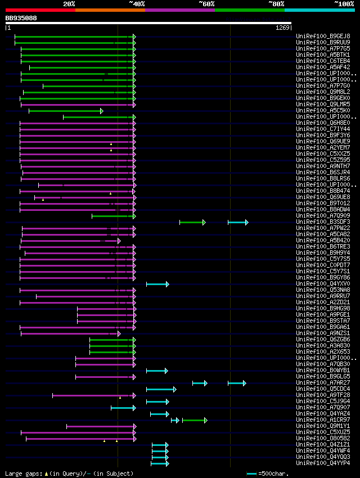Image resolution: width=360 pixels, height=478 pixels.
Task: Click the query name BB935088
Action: pyautogui.click(x=21, y=18)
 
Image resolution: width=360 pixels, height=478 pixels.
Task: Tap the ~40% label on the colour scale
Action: pyautogui.click(x=137, y=3)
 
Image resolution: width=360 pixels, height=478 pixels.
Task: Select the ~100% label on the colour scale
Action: pyautogui.click(x=344, y=3)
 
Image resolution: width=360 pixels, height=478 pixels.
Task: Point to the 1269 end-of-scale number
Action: pyautogui.click(x=282, y=28)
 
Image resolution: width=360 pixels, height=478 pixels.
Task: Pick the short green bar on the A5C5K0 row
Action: pyautogui.click(x=65, y=111)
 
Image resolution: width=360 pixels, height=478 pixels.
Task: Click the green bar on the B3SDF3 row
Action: pyautogui.click(x=192, y=222)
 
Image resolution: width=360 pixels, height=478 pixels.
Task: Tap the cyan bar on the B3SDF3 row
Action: pyautogui.click(x=237, y=222)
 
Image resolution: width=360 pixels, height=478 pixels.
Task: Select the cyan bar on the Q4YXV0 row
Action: pyautogui.click(x=157, y=284)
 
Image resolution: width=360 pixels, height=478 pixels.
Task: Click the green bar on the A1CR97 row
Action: pyautogui.click(x=194, y=420)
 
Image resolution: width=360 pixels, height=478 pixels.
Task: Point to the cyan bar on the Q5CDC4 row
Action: pyautogui.click(x=161, y=389)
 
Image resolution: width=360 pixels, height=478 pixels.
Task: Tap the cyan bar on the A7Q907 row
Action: pyautogui.click(x=123, y=408)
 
